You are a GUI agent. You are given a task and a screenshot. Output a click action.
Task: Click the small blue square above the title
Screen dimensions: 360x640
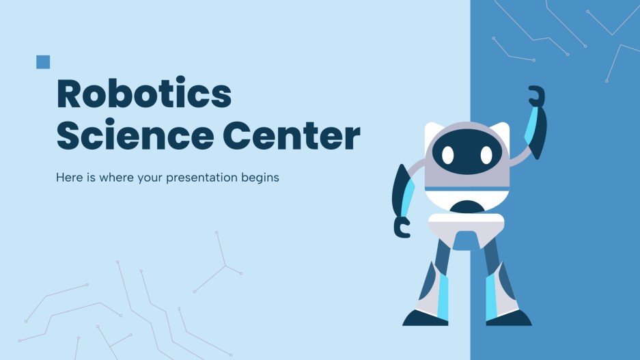pyautogui.click(x=43, y=62)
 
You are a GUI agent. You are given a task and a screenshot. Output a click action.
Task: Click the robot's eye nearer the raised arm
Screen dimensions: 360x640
pyautogui.click(x=486, y=155)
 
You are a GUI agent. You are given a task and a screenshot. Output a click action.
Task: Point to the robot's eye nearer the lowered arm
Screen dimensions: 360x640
pyautogui.click(x=447, y=155)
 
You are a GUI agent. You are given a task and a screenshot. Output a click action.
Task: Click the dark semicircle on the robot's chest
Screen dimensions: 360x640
pyautogui.click(x=467, y=205)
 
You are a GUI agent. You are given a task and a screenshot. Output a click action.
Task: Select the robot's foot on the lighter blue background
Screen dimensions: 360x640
pyautogui.click(x=424, y=318)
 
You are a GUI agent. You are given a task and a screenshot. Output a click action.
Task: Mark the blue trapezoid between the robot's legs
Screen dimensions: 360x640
pyautogui.click(x=467, y=240)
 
